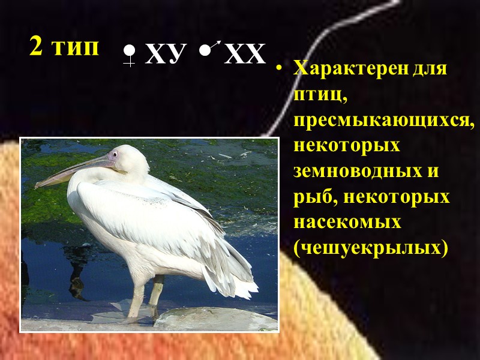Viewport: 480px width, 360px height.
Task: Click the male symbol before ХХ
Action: click(208, 50)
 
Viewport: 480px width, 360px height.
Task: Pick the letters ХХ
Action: click(245, 55)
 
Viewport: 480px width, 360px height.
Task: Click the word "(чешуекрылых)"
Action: click(370, 248)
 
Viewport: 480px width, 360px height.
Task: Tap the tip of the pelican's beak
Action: click(37, 185)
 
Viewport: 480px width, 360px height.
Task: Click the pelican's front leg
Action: click(138, 297)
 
